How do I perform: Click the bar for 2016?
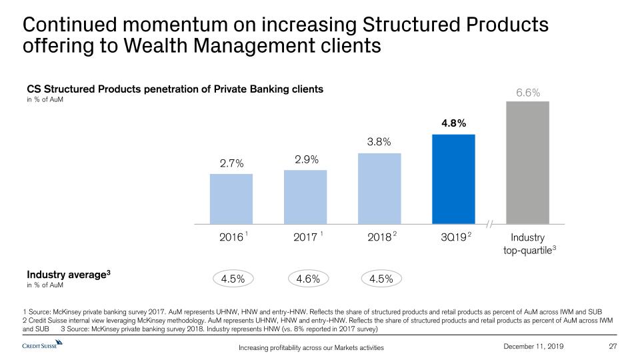tap(231, 199)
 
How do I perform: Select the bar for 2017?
tap(305, 197)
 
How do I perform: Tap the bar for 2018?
tap(379, 189)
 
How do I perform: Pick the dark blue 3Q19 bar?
tap(453, 179)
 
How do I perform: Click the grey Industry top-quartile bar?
tap(527, 163)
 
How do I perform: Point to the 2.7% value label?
tap(231, 163)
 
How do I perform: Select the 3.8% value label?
tap(379, 142)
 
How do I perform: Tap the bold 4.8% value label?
tap(453, 123)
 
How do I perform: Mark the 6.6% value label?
tap(527, 91)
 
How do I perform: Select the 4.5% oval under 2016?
tap(231, 279)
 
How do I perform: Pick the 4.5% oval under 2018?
tap(379, 279)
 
